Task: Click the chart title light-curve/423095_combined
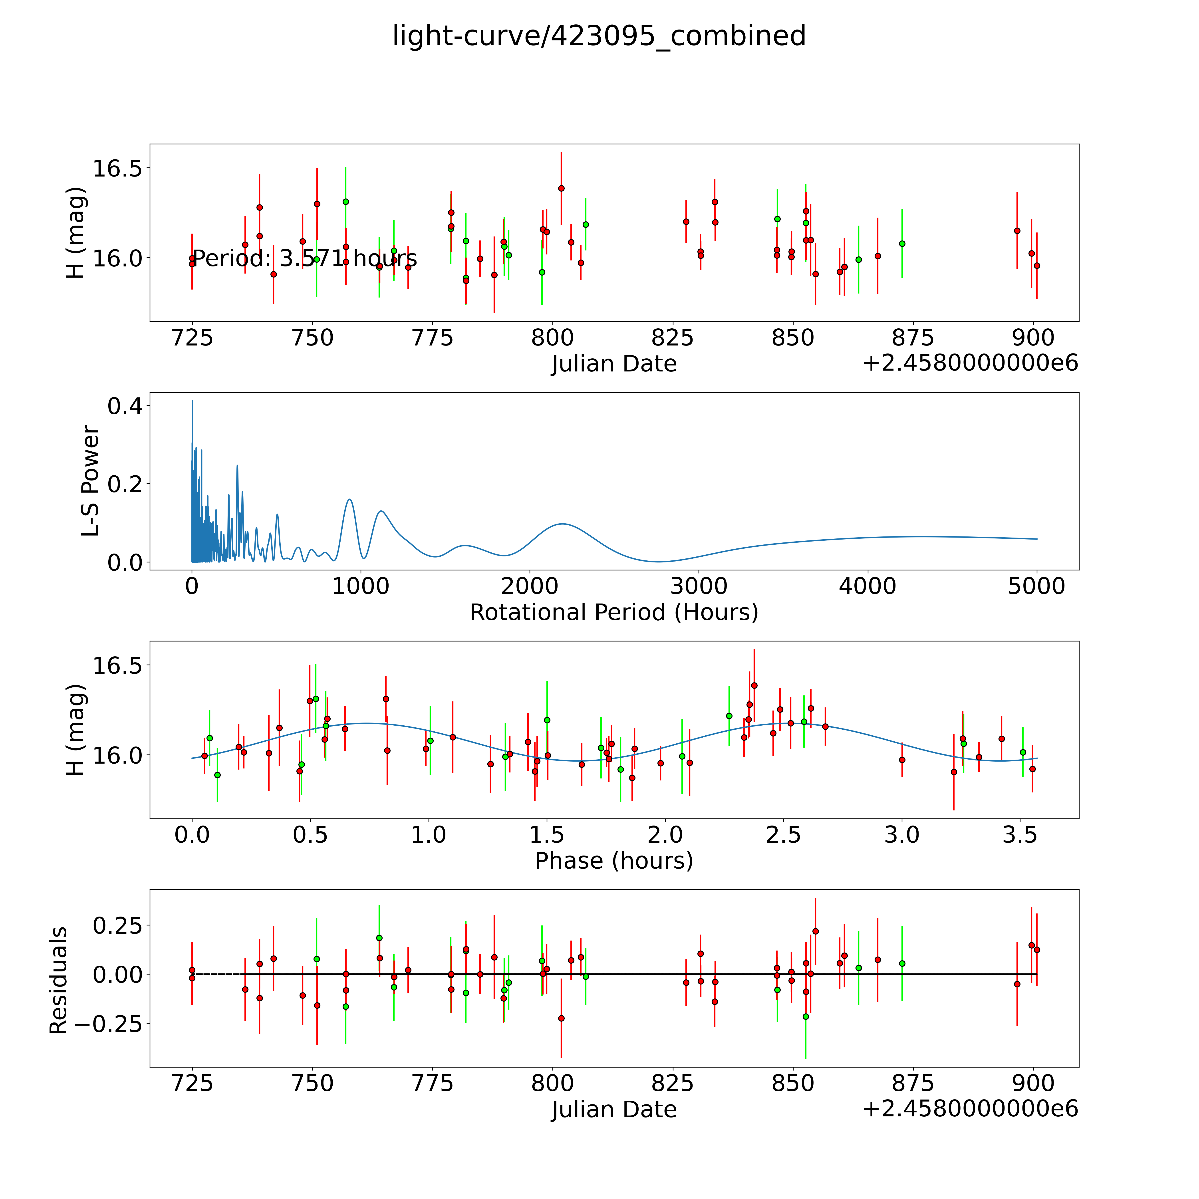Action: click(599, 36)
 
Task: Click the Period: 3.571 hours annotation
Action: click(305, 258)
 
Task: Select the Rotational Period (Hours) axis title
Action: click(614, 613)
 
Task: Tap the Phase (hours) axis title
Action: click(614, 861)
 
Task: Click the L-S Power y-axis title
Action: click(91, 481)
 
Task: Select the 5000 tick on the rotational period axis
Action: click(1036, 586)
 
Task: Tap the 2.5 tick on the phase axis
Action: click(783, 835)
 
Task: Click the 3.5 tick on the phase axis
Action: click(1020, 835)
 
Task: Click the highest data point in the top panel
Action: click(561, 188)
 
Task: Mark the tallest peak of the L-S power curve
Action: click(192, 401)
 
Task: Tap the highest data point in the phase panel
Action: click(754, 685)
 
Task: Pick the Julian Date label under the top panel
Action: click(614, 364)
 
